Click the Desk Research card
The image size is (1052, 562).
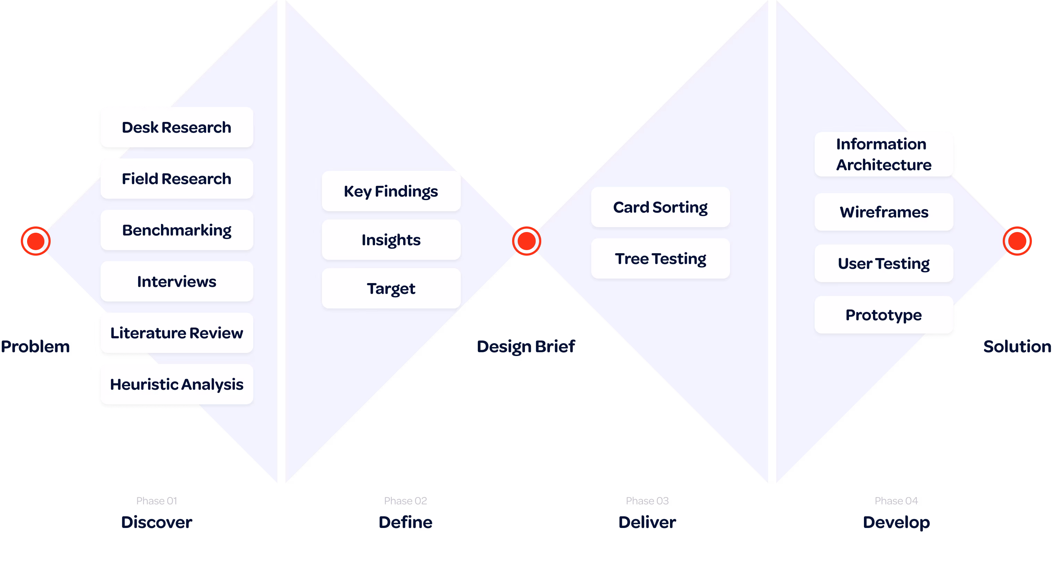pyautogui.click(x=176, y=127)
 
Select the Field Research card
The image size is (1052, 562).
pyautogui.click(x=176, y=179)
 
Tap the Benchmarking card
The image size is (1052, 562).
pyautogui.click(x=176, y=230)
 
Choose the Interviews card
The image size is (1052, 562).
pyautogui.click(x=176, y=282)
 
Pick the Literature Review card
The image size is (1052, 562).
pyautogui.click(x=176, y=333)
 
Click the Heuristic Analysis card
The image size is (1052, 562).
pyautogui.click(x=176, y=384)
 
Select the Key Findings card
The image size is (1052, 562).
pyautogui.click(x=391, y=191)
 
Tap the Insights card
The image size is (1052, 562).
pyautogui.click(x=391, y=240)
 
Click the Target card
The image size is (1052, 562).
pyautogui.click(x=391, y=289)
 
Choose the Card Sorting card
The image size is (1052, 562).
pyautogui.click(x=660, y=207)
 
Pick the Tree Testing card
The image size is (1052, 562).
pyautogui.click(x=660, y=259)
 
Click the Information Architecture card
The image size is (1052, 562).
pyautogui.click(x=884, y=155)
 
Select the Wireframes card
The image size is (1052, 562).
pyautogui.click(x=884, y=212)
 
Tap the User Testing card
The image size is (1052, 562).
pyautogui.click(x=884, y=264)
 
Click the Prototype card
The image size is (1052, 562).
pyautogui.click(x=884, y=315)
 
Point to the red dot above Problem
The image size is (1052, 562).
pyautogui.click(x=35, y=241)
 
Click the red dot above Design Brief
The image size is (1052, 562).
pyautogui.click(x=526, y=241)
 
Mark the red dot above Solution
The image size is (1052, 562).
pyautogui.click(x=1017, y=241)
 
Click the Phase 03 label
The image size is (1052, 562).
pyautogui.click(x=647, y=501)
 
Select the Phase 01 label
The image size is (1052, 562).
pyautogui.click(x=157, y=501)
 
